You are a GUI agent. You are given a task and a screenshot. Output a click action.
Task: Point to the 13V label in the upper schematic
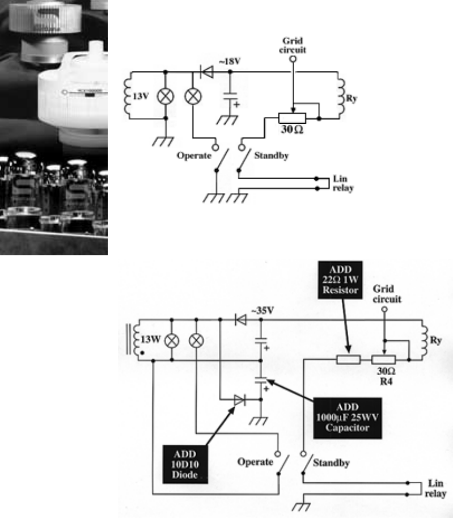141,96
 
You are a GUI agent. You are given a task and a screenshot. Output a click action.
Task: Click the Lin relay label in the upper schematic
343,183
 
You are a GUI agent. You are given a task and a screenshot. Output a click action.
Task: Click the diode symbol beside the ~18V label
206,72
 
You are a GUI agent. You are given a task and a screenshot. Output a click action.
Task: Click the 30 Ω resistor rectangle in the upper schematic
293,118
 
